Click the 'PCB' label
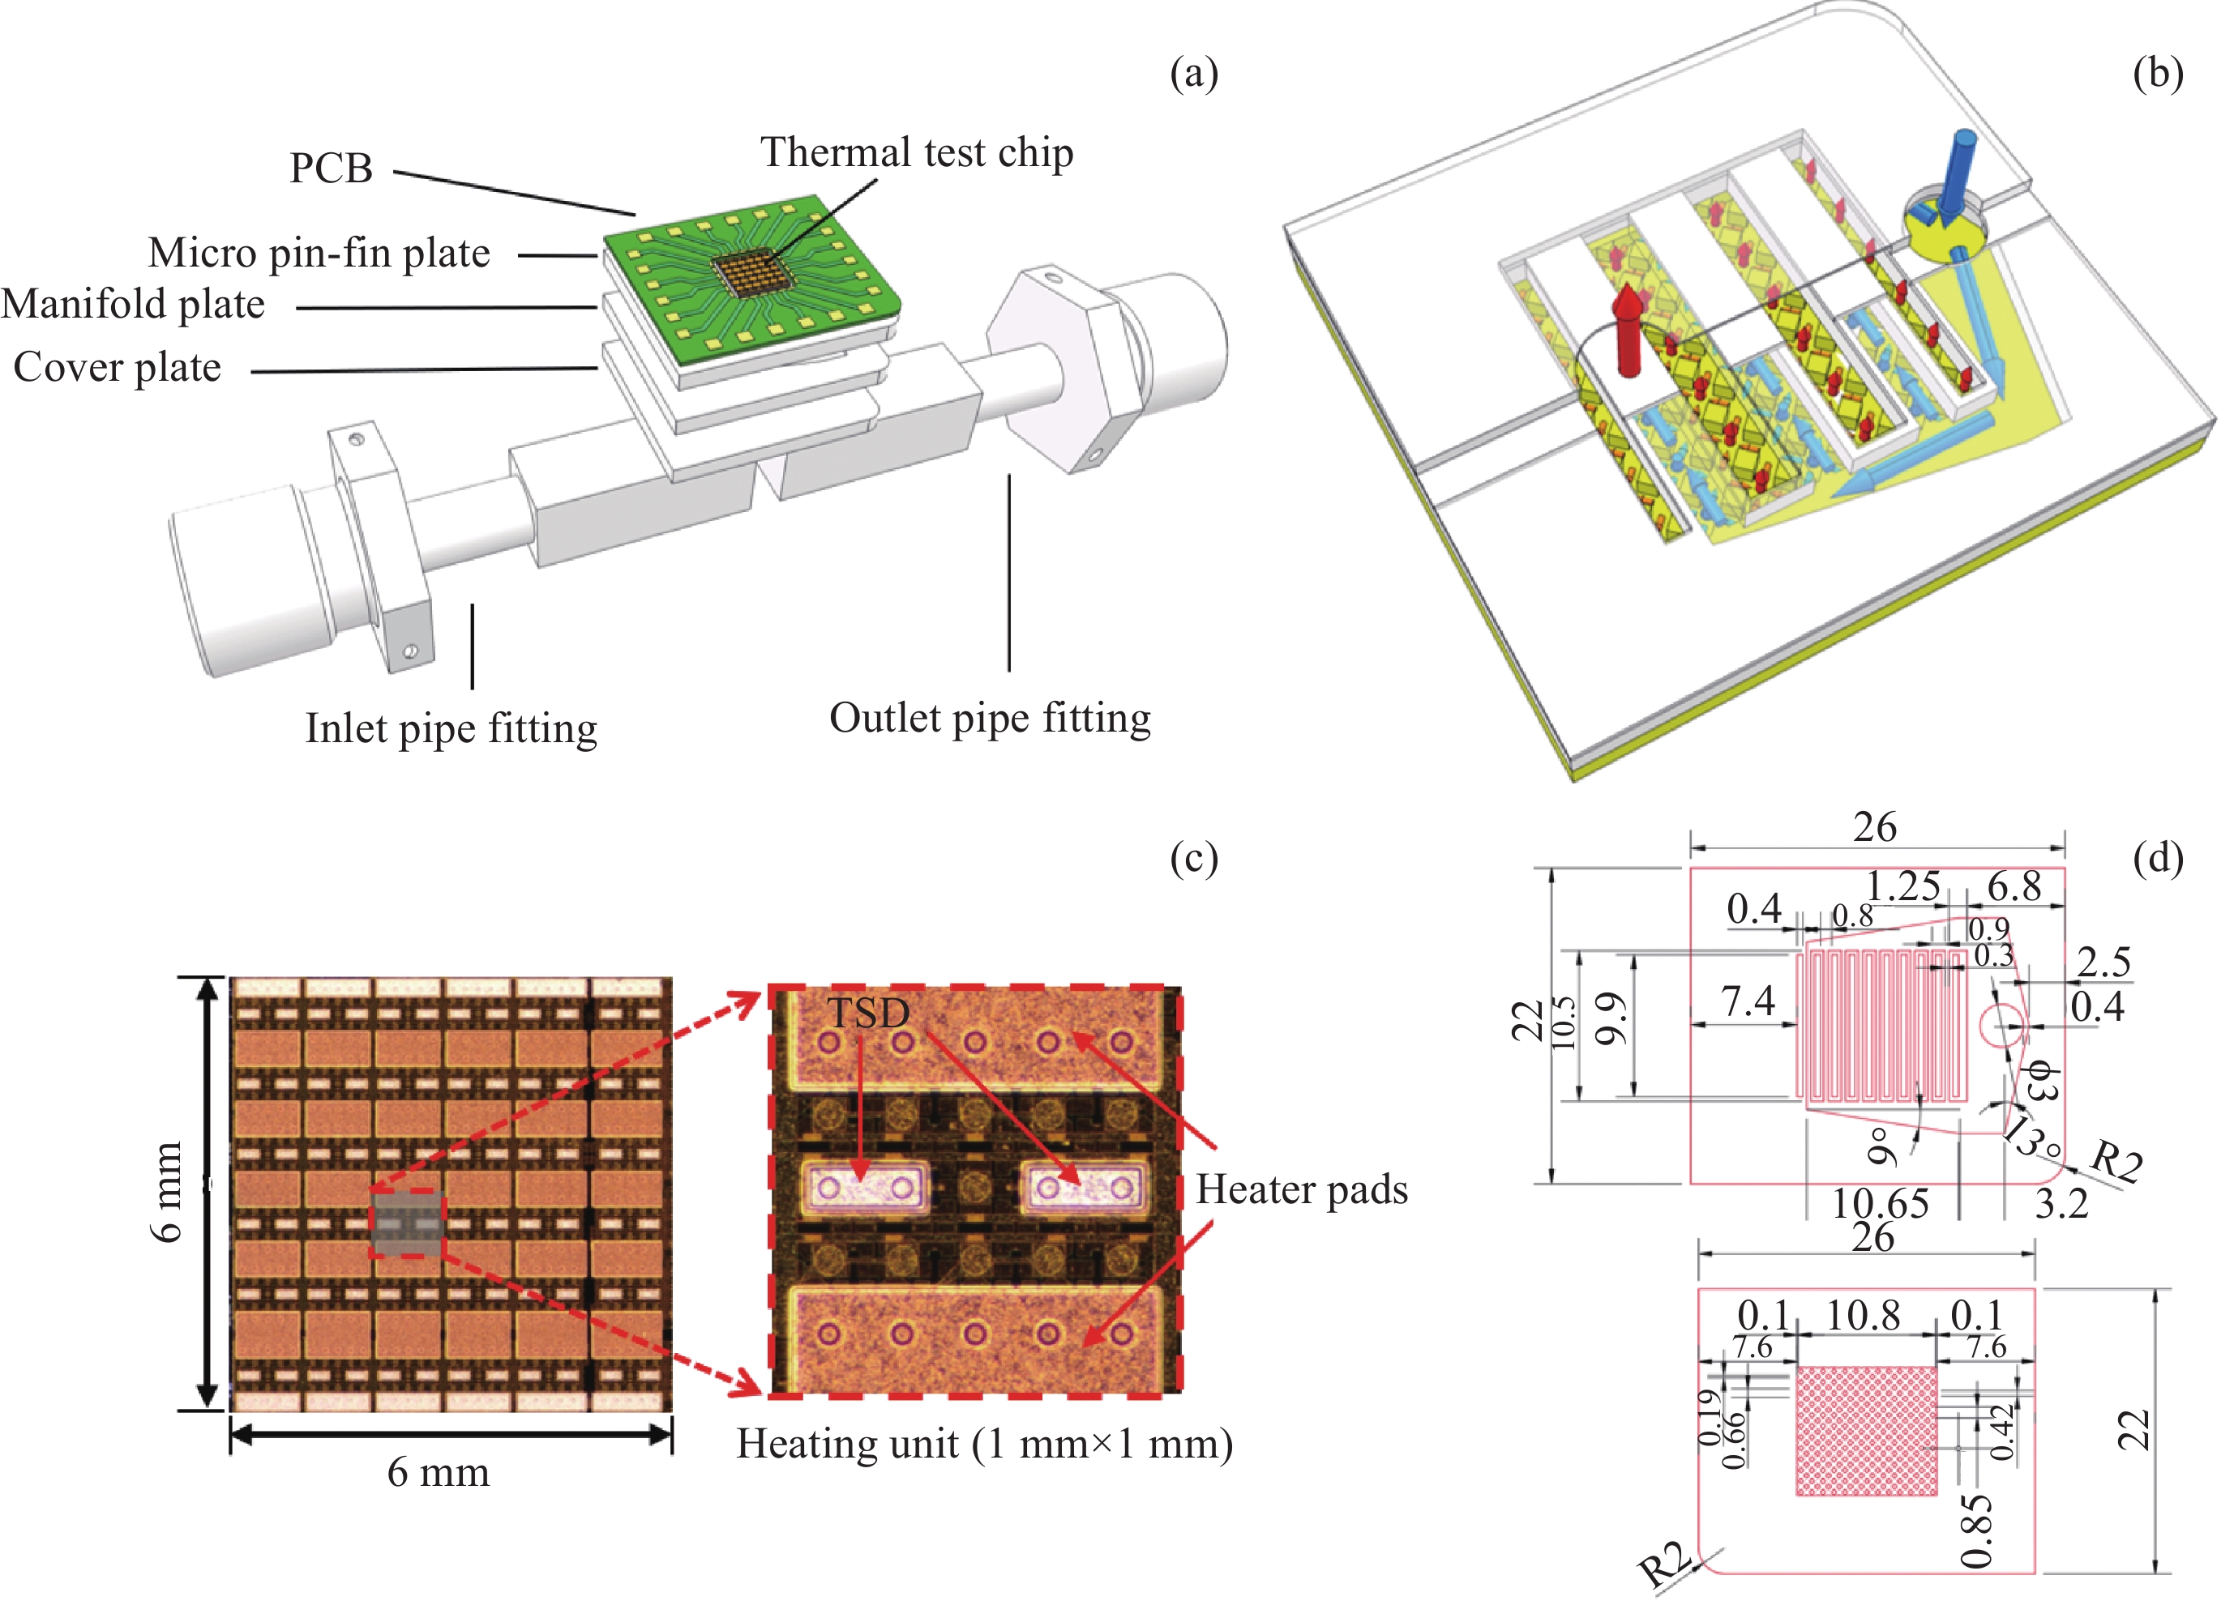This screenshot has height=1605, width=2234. pyautogui.click(x=331, y=169)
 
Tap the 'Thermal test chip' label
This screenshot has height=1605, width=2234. pyautogui.click(x=916, y=152)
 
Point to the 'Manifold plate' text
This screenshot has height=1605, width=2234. pyautogui.click(x=133, y=305)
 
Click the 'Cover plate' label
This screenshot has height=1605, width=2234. pyautogui.click(x=118, y=367)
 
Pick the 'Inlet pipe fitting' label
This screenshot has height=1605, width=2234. pyautogui.click(x=452, y=728)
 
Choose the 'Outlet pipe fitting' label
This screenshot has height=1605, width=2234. pyautogui.click(x=990, y=718)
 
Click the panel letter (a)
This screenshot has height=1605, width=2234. pyautogui.click(x=1194, y=74)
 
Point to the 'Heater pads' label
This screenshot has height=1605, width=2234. pyautogui.click(x=1301, y=1189)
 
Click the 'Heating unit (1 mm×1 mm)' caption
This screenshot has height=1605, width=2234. pyautogui.click(x=984, y=1444)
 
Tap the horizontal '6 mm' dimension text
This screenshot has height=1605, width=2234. pyautogui.click(x=439, y=1472)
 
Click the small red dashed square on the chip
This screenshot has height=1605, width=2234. pyautogui.click(x=407, y=1222)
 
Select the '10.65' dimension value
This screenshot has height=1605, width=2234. pyautogui.click(x=1880, y=1203)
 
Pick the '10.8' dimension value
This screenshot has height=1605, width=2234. pyautogui.click(x=1863, y=1316)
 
